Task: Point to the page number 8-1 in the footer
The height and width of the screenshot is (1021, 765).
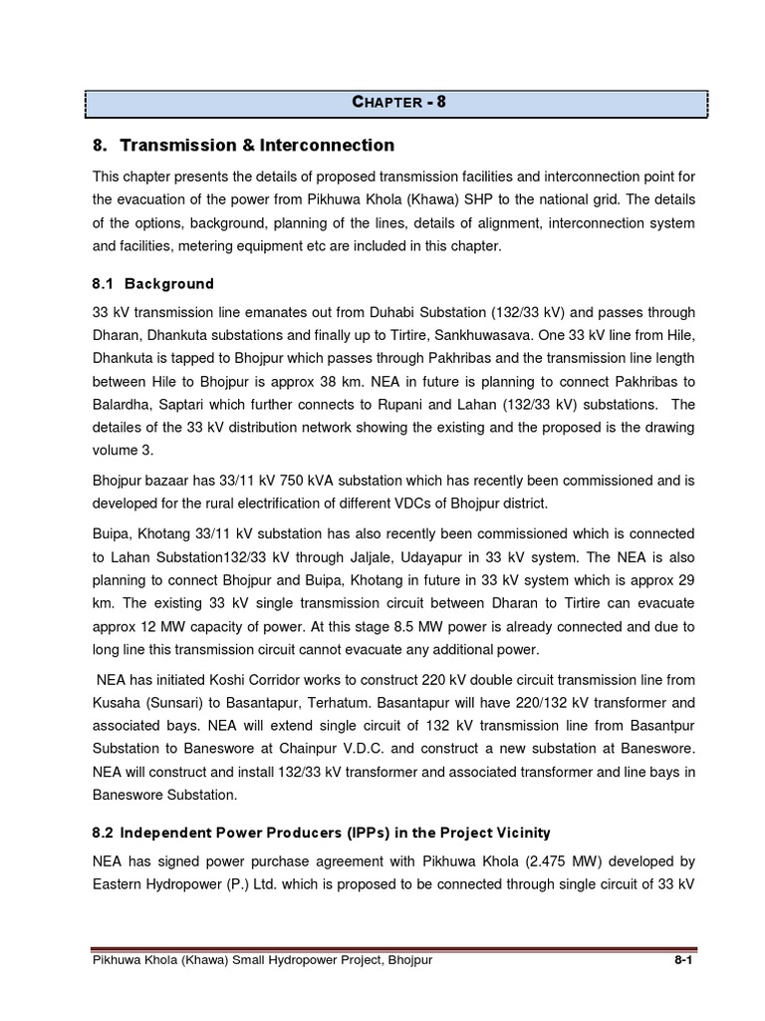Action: click(680, 960)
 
